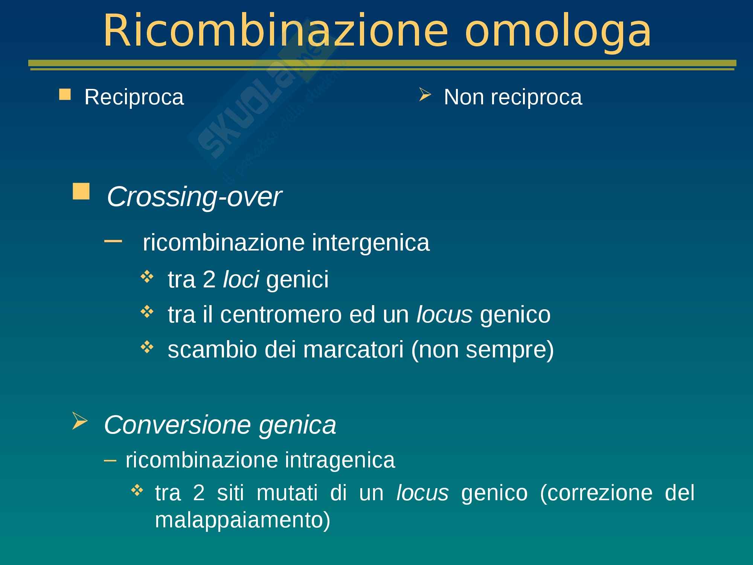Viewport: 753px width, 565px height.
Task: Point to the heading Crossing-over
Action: point(194,197)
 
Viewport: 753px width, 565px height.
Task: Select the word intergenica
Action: point(371,243)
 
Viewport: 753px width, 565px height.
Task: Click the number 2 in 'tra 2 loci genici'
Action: point(209,279)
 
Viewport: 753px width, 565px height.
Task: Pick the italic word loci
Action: point(241,279)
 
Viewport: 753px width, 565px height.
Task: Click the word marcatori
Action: point(353,350)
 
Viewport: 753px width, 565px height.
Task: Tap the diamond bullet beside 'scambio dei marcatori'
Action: point(146,347)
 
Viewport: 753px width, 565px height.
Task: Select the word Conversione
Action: point(177,425)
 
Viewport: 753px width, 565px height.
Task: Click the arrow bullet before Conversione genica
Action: point(79,421)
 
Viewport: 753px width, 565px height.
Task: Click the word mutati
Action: point(287,493)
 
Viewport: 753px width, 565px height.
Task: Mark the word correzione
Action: point(596,493)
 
